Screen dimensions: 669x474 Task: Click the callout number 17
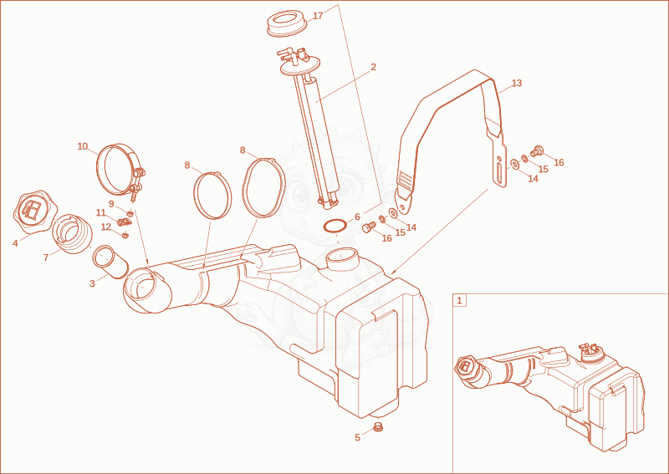point(318,16)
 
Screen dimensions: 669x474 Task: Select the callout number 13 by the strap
point(517,83)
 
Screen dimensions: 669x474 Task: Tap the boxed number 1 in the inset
point(459,300)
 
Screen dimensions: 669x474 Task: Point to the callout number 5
point(358,437)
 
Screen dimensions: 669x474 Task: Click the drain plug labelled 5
point(377,427)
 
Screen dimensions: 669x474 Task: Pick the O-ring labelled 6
point(334,226)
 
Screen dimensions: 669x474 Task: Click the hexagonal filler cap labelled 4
point(35,212)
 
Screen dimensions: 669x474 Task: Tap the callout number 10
point(82,146)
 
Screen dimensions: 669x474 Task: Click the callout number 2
point(373,67)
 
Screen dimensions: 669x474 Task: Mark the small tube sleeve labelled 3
point(110,262)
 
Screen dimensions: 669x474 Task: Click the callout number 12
point(106,227)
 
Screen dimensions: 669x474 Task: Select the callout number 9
point(111,204)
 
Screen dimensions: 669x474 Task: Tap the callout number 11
point(100,212)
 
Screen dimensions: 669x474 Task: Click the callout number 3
point(92,283)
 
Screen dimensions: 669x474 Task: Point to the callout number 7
point(46,258)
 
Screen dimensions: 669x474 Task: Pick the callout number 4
point(15,243)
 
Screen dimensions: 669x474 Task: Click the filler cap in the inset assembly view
point(465,365)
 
